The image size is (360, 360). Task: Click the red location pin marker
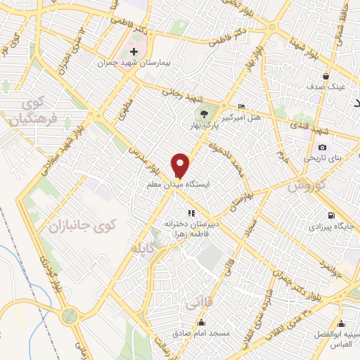coord(181,165)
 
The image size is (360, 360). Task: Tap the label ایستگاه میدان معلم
coord(179,184)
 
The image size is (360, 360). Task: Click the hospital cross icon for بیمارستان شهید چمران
coord(134,52)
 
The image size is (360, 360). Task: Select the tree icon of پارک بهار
coord(205,112)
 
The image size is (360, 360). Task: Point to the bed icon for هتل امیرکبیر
coord(242,106)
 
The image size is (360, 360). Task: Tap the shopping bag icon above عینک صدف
coord(326,76)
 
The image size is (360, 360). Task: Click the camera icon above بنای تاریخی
coord(322,147)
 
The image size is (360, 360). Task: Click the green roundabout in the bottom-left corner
coord(69,316)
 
